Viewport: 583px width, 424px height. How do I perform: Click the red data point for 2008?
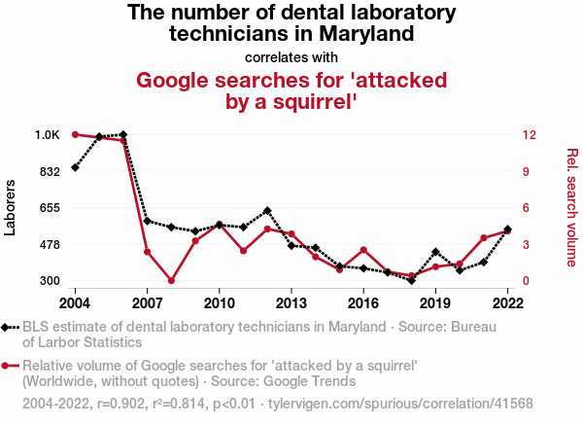tap(171, 281)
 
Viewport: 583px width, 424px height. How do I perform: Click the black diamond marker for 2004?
tap(75, 168)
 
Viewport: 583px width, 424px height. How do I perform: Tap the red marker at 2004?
tap(75, 134)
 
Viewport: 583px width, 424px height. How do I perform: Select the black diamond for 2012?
tap(267, 210)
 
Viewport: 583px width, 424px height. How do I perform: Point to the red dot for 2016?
tap(363, 250)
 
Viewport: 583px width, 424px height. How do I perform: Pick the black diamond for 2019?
tap(435, 252)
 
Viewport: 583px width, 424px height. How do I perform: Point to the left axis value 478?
tap(49, 244)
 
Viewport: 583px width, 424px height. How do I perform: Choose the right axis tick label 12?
tap(526, 134)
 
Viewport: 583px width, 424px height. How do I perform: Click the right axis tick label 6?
tap(523, 208)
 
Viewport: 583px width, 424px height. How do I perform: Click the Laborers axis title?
tap(12, 207)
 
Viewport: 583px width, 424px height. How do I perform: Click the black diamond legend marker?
tap(9, 328)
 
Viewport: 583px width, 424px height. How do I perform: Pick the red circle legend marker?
tap(9, 366)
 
